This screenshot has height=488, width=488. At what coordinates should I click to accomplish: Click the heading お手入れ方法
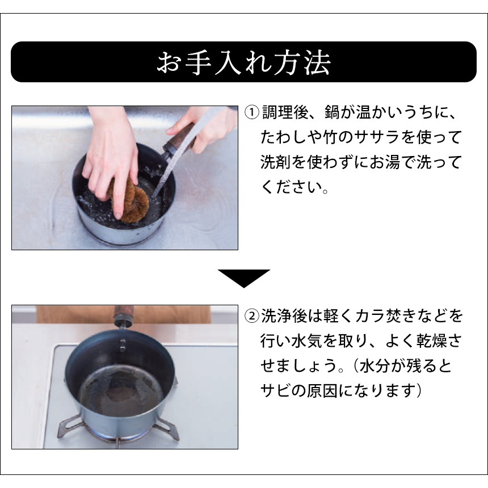[243, 62]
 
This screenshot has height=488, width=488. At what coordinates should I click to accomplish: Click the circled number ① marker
[251, 111]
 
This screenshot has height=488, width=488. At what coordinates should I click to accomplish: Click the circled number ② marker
[251, 315]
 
